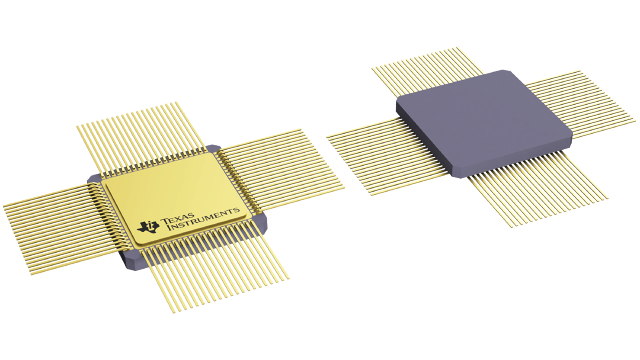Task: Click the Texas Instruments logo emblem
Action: point(150,226)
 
